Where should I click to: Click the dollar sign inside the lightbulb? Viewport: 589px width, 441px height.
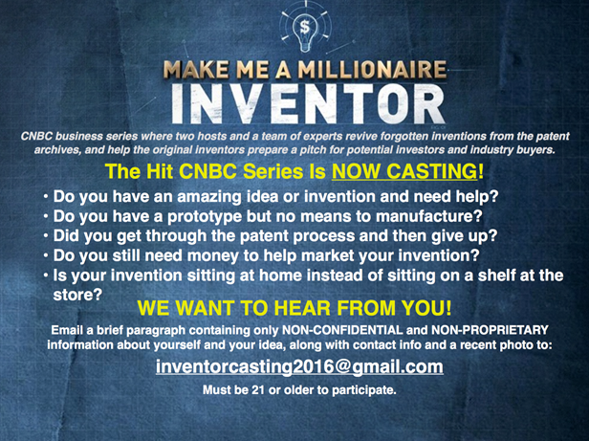pos(305,27)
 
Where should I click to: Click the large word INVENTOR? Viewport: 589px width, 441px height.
pos(309,103)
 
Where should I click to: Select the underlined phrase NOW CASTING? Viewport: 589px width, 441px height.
pos(404,171)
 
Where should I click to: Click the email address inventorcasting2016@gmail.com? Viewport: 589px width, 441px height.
pos(299,366)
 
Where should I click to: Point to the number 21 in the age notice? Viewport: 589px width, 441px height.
pos(258,390)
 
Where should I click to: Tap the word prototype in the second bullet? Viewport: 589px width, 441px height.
pos(205,217)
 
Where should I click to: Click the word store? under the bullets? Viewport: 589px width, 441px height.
pos(77,295)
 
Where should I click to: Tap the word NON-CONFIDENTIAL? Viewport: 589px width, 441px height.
pos(342,330)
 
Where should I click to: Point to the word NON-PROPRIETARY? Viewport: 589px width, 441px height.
pos(490,330)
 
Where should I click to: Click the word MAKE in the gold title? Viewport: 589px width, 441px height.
pos(196,70)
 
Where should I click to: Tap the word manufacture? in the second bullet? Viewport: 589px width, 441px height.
pos(429,216)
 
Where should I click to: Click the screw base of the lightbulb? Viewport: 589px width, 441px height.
pos(305,46)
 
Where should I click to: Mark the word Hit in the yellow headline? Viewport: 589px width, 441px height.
pos(160,171)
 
